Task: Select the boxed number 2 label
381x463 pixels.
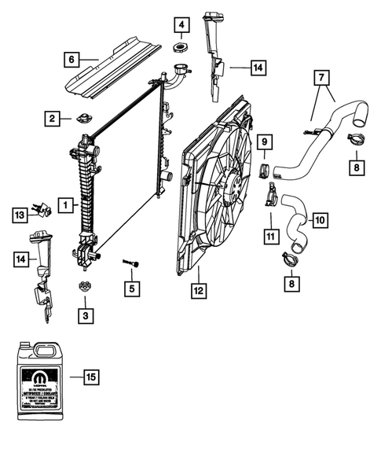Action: pos(52,119)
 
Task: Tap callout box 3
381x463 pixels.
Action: pos(84,315)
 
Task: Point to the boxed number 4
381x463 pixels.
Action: pos(181,27)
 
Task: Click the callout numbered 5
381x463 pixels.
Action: pos(132,288)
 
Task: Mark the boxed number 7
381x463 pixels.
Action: pos(321,78)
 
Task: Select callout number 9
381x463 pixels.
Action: pos(265,142)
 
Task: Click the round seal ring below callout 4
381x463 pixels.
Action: pos(180,52)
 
